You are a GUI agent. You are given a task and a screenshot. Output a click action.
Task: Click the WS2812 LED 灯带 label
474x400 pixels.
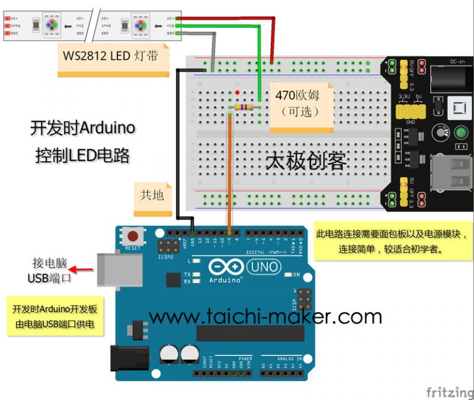110,56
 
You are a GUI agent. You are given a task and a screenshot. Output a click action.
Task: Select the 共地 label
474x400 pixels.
152,194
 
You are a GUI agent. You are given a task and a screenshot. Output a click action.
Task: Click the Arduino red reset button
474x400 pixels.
132,235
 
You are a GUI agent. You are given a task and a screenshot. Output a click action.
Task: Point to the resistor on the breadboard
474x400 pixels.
244,107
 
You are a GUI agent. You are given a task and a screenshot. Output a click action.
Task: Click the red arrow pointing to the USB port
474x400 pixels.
81,269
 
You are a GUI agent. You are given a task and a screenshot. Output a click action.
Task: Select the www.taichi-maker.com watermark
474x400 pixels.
265,317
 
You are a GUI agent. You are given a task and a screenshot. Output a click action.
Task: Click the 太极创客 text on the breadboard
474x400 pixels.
306,161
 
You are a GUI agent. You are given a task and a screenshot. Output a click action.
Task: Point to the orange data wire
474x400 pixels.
230,173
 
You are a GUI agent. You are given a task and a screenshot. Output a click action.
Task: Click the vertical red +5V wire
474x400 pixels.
272,40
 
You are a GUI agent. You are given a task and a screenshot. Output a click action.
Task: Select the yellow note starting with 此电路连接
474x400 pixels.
392,241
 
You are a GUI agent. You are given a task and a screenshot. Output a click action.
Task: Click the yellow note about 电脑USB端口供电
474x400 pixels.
54,316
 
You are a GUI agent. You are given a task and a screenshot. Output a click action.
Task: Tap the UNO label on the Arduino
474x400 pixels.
264,267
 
